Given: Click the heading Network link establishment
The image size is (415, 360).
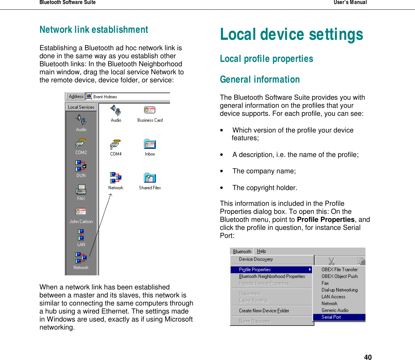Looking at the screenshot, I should (94, 30).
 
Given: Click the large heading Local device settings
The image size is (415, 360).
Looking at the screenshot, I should (291, 34).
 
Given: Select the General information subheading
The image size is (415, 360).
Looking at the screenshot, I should (260, 80).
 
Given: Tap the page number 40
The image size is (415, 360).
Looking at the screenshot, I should (368, 357).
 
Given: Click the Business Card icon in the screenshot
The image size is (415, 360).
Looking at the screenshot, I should (150, 110).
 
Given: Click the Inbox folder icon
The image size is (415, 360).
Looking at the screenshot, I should (150, 145).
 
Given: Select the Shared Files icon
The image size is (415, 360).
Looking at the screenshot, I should (150, 178).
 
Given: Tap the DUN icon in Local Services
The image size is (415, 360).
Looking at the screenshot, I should (81, 166).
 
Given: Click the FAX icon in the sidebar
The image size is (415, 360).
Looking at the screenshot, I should (81, 190).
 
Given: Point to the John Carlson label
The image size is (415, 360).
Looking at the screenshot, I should (81, 221).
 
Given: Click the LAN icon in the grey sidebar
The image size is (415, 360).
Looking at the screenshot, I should (81, 235).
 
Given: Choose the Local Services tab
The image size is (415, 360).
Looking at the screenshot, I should (81, 107).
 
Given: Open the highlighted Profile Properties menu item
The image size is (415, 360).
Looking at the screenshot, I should (255, 270).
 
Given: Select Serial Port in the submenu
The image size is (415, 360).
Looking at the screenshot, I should (331, 317).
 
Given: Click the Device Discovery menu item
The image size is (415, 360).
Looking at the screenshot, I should (256, 259).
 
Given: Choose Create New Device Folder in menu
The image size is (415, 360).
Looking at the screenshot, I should (264, 311).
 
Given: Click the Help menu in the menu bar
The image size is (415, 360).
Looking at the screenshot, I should (261, 251).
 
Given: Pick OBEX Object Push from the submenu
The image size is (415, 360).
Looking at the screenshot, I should (339, 276).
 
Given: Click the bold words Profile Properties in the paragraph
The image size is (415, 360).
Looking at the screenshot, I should (326, 220).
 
